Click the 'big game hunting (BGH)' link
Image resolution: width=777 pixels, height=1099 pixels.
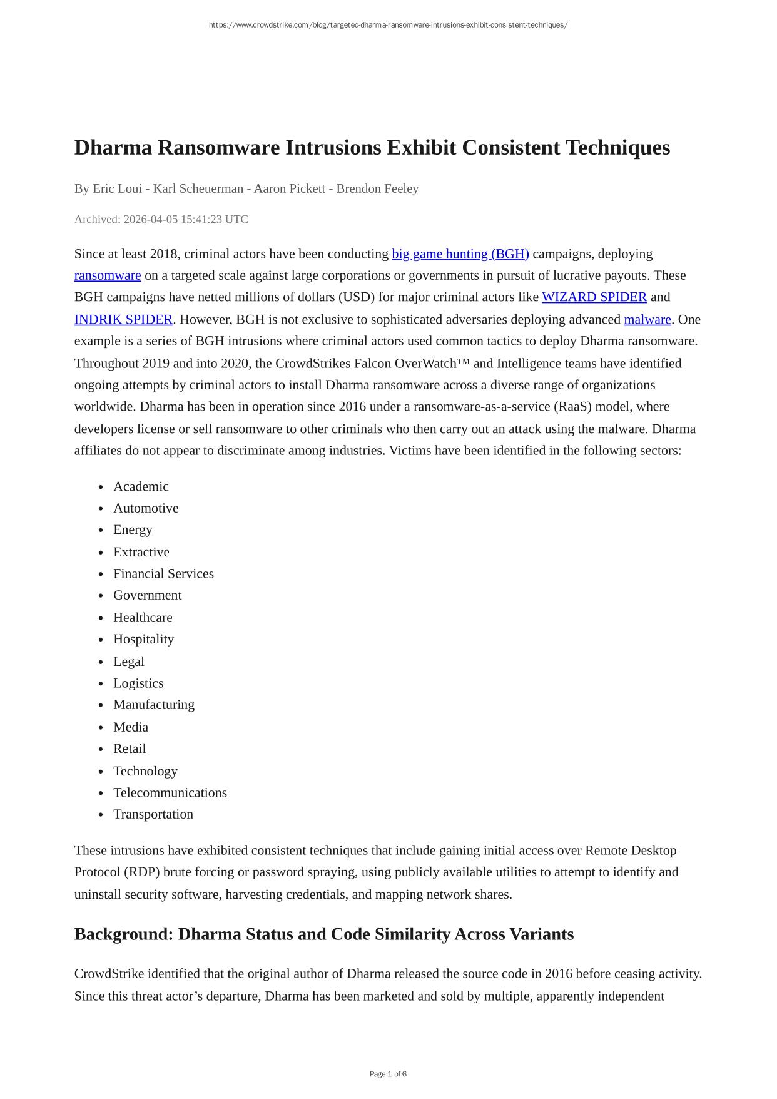(460, 254)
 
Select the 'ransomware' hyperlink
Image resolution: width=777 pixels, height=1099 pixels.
(108, 276)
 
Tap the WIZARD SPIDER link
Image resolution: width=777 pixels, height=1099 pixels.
(594, 297)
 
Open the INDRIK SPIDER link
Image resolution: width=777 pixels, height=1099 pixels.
(123, 320)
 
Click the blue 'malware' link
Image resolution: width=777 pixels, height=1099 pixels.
(647, 320)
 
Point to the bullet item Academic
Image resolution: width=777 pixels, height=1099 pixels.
(141, 487)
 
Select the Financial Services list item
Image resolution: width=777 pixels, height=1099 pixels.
(163, 574)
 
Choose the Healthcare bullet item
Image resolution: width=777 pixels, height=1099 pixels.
(143, 618)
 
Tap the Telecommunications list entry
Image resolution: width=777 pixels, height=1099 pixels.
(170, 793)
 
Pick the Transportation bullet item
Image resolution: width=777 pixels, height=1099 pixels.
(153, 814)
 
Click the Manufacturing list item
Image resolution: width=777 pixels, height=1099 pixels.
(154, 705)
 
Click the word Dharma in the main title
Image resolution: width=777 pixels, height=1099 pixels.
(113, 148)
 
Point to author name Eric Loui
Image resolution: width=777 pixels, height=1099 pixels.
(117, 189)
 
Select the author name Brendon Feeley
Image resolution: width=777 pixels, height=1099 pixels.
(377, 189)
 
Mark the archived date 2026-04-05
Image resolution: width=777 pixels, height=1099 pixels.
(151, 220)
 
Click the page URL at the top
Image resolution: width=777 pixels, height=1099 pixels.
(388, 25)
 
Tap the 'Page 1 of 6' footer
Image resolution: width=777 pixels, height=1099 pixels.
(388, 1075)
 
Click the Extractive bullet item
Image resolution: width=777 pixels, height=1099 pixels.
(141, 553)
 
